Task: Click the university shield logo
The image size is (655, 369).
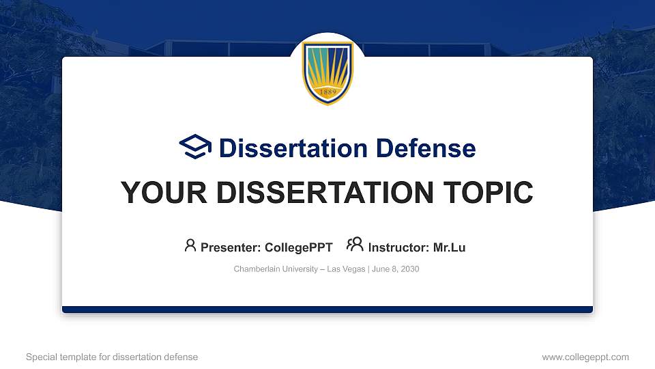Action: [327, 72]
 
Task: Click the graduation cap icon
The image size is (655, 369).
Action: [195, 147]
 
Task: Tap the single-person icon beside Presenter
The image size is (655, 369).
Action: [190, 245]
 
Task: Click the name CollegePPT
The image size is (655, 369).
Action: [299, 247]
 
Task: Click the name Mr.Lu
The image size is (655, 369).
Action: [449, 247]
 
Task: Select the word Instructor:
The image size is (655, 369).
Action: [398, 247]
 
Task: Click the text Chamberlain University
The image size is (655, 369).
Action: [275, 269]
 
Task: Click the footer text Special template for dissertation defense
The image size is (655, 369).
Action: [112, 357]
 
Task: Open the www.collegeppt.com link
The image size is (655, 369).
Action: [585, 357]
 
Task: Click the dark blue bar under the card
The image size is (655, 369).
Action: [327, 310]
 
